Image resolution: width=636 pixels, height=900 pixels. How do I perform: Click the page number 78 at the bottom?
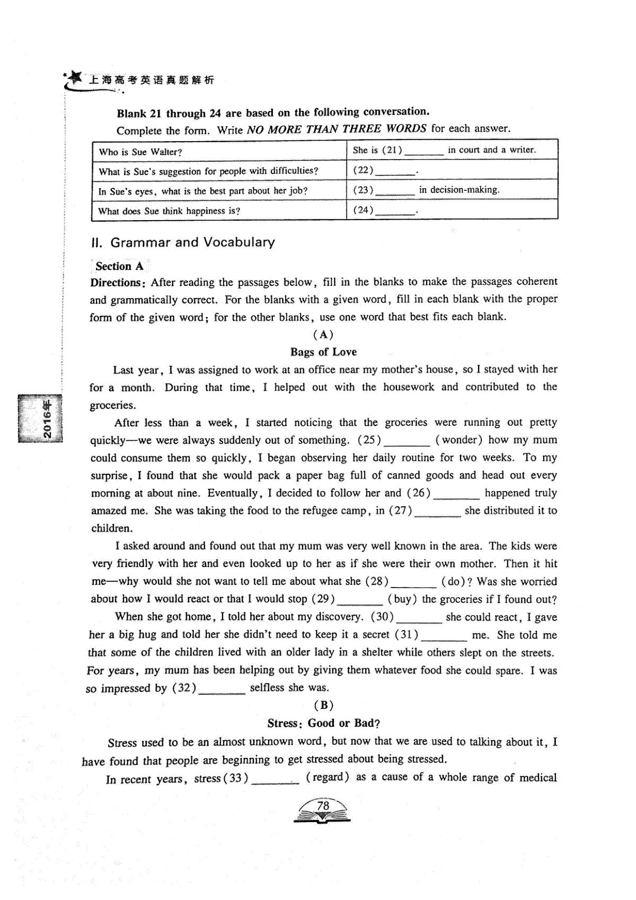[323, 806]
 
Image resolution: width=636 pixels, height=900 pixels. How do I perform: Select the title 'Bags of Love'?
[323, 352]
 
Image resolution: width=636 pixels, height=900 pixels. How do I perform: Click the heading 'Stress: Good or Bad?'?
[323, 723]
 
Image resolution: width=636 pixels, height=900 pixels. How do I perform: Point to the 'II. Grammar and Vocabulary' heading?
[183, 242]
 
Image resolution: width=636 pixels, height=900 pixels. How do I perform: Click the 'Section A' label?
[119, 266]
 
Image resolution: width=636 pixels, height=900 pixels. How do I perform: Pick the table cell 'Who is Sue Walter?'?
[140, 152]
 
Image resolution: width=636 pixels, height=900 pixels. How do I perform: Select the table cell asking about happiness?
[169, 211]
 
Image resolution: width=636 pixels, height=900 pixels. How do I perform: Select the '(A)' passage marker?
[323, 335]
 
